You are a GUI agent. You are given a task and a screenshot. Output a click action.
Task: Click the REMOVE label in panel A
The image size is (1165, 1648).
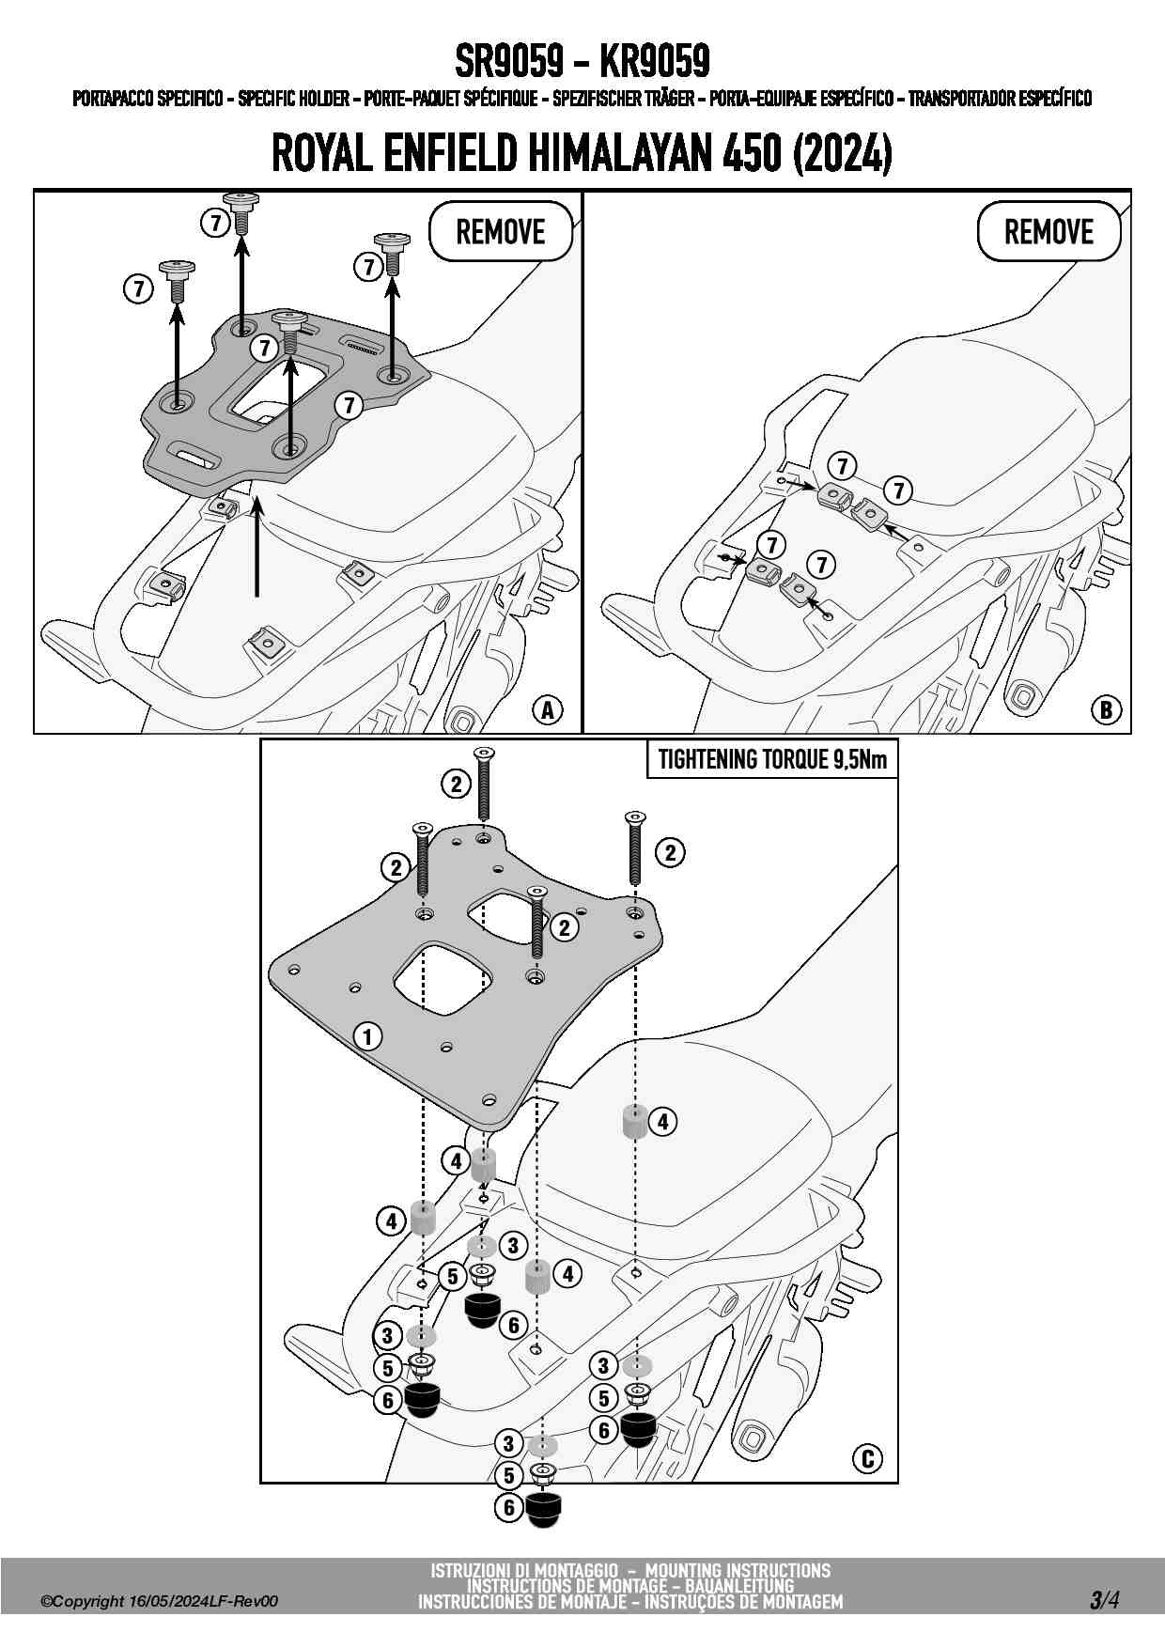coord(501,231)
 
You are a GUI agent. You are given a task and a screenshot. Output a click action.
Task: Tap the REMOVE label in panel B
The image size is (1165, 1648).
coord(1048,231)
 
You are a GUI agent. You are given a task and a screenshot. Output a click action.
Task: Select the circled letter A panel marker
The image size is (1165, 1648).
coord(548,710)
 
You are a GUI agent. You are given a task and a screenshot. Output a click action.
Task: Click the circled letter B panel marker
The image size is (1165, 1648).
coord(1106,710)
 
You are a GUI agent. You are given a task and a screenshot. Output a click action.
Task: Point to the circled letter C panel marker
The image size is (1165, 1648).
coord(867,1458)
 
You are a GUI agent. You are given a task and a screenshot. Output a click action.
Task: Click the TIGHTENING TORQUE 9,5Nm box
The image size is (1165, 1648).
coord(772,759)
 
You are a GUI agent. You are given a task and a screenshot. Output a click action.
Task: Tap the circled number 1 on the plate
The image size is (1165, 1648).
coord(367,1036)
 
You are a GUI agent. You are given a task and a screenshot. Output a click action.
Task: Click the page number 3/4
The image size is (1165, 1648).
coord(1104,1599)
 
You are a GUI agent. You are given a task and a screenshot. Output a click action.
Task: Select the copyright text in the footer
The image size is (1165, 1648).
coord(160,1601)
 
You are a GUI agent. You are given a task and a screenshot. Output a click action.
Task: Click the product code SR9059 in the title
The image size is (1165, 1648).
coord(508,62)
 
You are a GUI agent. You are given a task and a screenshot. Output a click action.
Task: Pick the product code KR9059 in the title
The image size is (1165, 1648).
coord(654,62)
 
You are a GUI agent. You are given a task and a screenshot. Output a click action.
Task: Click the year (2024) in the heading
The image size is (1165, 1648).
coord(842,153)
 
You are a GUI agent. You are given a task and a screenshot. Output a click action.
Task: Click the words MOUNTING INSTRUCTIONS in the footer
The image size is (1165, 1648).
coord(738,1570)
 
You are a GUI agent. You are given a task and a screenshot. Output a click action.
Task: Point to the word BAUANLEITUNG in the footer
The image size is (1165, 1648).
coord(739,1586)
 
